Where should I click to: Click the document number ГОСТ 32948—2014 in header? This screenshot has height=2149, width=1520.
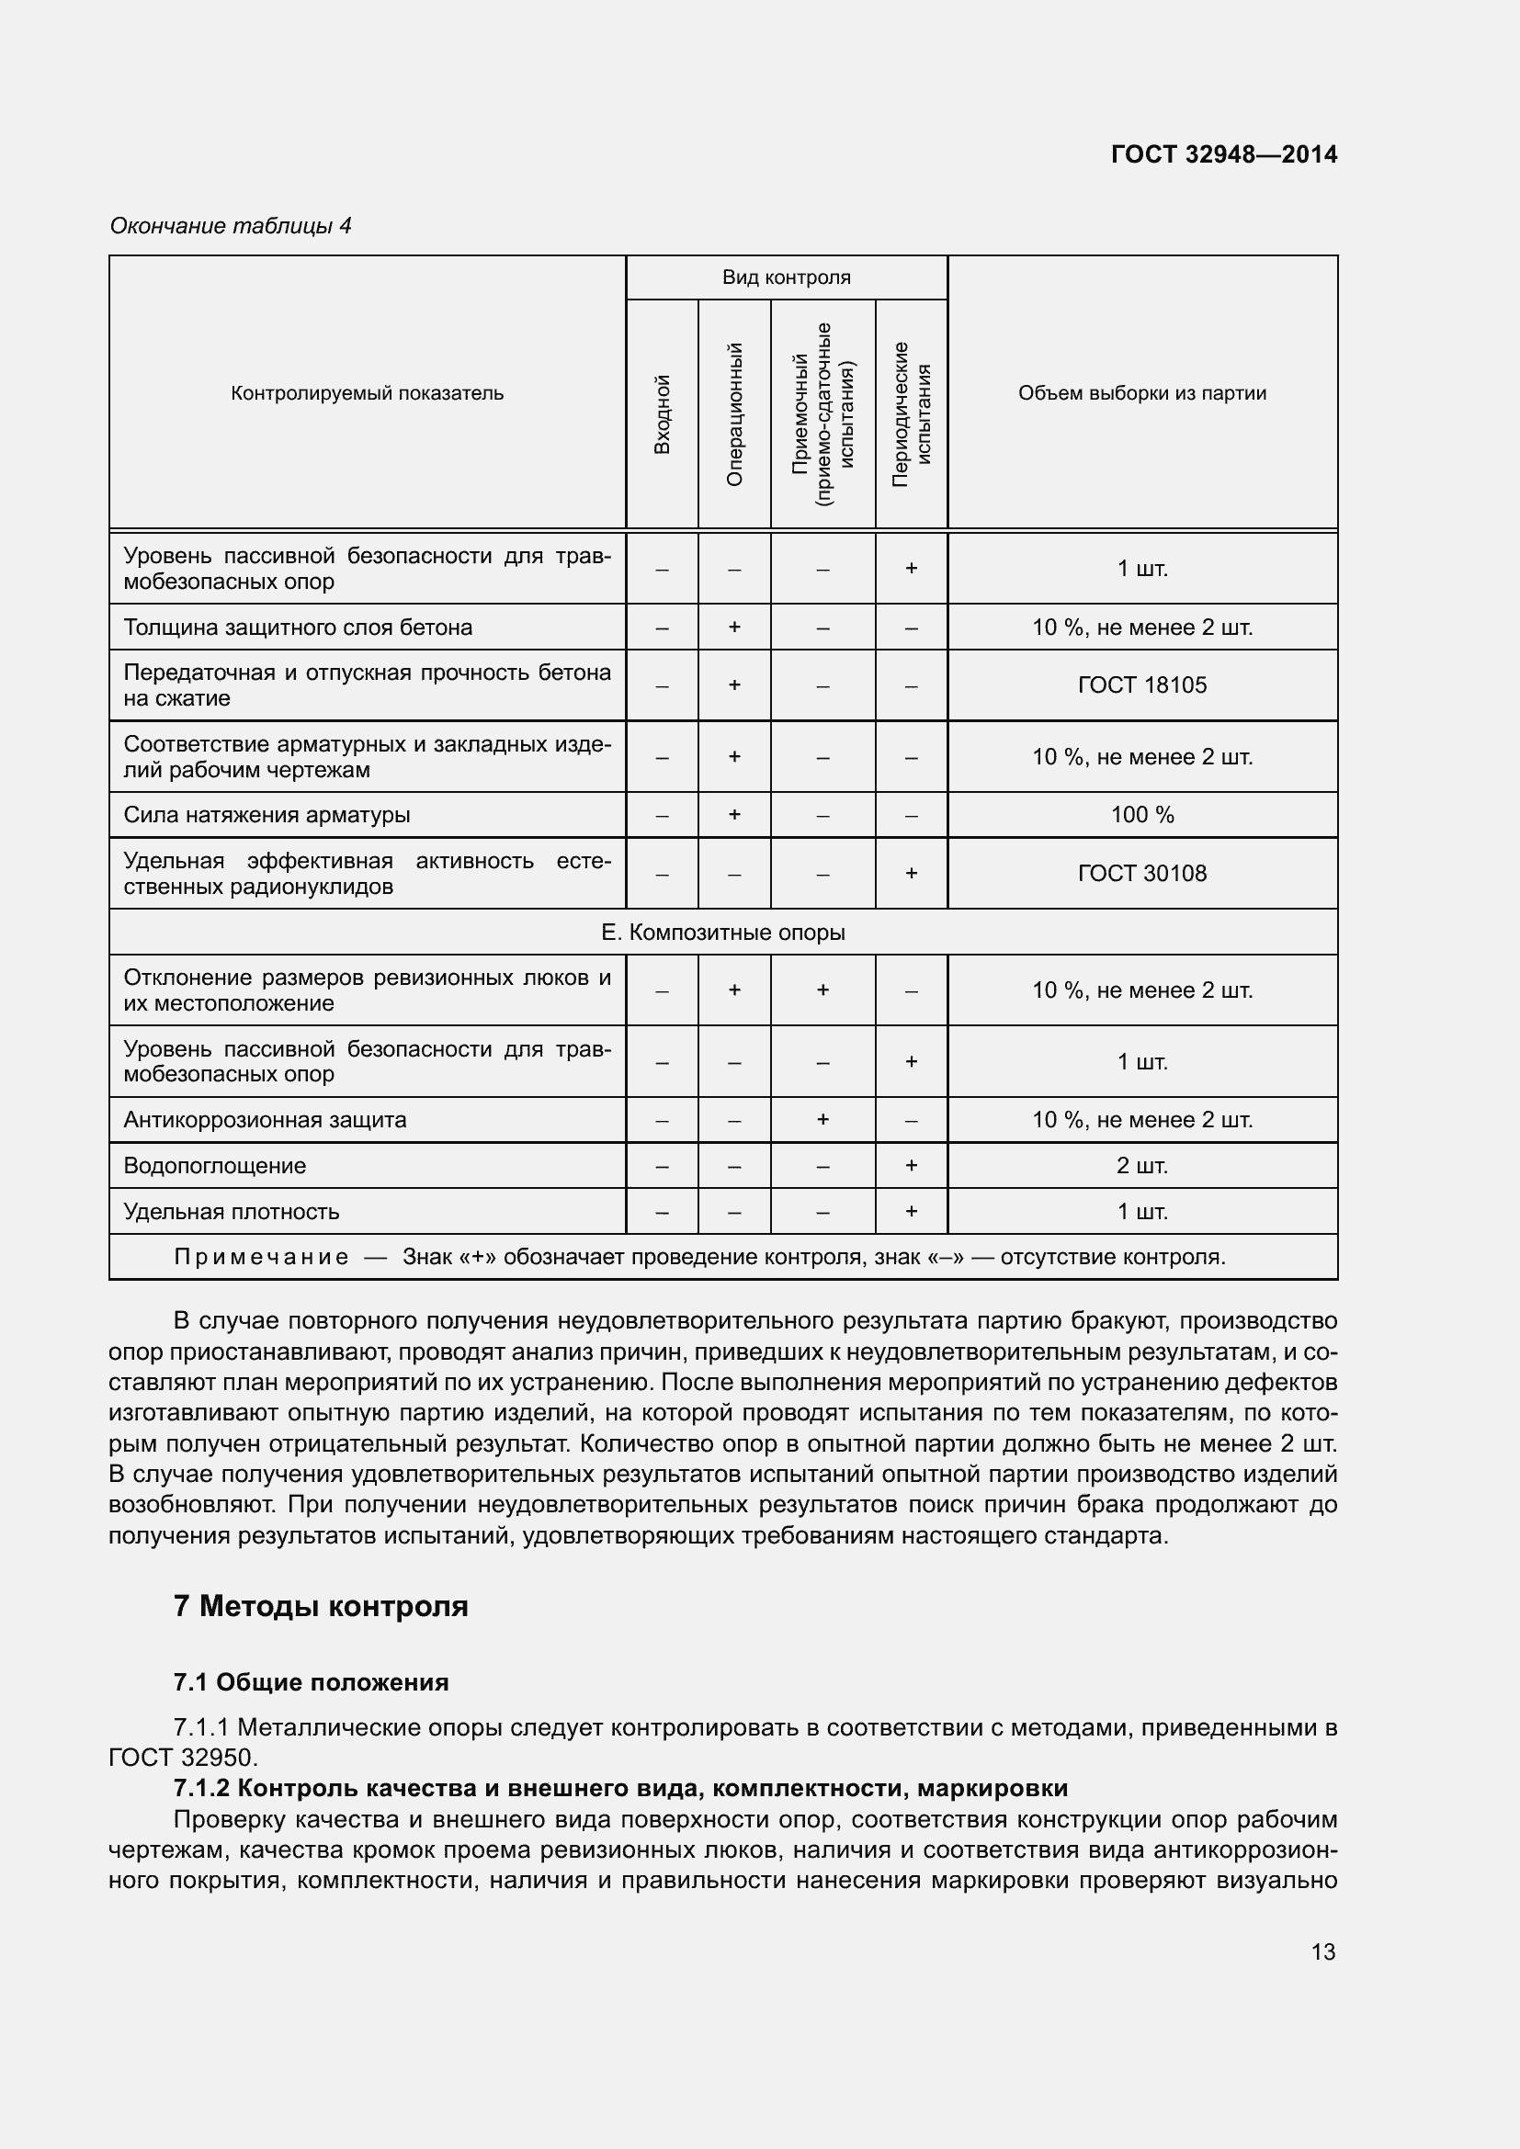(1223, 154)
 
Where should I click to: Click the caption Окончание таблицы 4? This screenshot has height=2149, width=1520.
(231, 226)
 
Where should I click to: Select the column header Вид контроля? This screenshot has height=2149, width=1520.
(787, 277)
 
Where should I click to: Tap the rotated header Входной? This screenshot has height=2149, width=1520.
(662, 413)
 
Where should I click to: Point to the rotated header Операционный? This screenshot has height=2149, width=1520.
(735, 413)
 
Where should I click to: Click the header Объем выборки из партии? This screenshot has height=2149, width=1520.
(1142, 393)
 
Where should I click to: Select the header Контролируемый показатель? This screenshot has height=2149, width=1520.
(367, 393)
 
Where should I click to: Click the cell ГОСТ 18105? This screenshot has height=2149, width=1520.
(1142, 685)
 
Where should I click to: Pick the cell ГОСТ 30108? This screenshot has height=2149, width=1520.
(1142, 873)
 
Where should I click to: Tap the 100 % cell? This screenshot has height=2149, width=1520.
(1142, 814)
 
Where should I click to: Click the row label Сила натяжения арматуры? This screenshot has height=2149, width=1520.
(267, 814)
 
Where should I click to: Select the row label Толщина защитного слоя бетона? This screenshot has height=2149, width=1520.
(298, 628)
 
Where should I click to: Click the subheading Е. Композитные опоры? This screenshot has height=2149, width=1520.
(722, 933)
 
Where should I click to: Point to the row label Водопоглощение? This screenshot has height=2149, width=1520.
(214, 1165)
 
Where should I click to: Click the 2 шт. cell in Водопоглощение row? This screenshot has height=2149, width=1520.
(1142, 1165)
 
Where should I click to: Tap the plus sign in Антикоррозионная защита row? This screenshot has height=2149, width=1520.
(822, 1119)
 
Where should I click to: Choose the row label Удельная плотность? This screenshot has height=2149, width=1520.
(232, 1211)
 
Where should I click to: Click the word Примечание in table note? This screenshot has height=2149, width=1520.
(261, 1257)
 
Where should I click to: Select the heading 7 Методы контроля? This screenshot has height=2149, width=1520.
(320, 1606)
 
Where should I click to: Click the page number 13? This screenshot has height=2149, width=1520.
(1322, 1951)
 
